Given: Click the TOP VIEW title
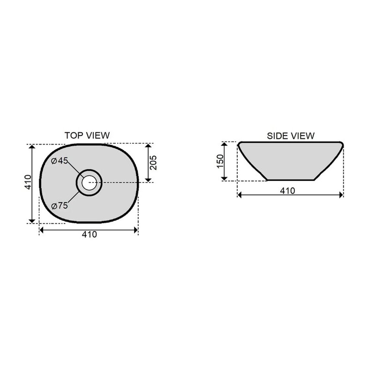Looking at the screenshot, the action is [x=87, y=136].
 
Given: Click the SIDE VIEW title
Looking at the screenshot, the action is [x=291, y=136].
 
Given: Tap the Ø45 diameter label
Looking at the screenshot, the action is [x=60, y=161].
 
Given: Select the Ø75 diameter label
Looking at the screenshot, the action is [x=60, y=205].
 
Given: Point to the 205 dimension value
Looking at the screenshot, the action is [x=153, y=163].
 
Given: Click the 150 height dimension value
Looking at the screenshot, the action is [x=220, y=162].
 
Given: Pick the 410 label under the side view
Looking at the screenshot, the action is [x=287, y=191].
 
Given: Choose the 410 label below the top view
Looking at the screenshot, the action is [x=90, y=234].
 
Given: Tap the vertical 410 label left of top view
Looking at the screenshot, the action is [x=28, y=182].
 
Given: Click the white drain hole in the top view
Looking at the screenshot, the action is [x=89, y=183].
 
